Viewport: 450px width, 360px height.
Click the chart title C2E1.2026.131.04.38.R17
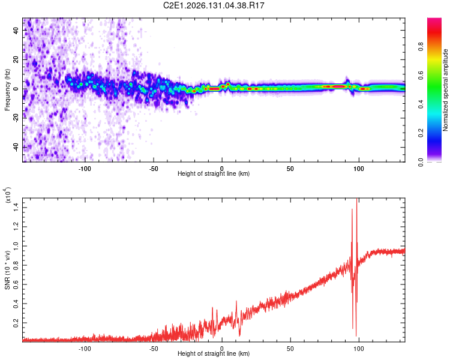214,5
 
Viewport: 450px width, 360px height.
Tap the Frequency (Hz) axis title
7,90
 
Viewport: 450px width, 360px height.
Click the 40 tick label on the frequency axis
16,30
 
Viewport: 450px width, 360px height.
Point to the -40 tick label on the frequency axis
16,148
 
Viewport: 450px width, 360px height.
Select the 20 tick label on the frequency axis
16,59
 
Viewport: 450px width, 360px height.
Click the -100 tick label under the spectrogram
85,169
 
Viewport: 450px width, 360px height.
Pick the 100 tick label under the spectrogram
358,169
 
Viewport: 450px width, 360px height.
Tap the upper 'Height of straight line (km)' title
214,173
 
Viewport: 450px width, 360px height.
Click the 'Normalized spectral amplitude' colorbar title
445,90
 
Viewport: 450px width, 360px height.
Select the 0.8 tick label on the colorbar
421,46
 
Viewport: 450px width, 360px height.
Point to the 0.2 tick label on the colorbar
421,133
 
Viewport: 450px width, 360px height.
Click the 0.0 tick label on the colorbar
421,162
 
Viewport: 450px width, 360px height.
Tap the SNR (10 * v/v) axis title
7,270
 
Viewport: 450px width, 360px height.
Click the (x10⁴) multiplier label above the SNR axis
7,195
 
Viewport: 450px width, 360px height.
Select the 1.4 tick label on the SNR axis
16,208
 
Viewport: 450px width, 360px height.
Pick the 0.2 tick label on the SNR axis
16,323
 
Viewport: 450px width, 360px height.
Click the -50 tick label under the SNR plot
154,349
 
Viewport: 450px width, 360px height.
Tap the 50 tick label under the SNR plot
290,349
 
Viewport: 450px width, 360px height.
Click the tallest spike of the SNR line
357,199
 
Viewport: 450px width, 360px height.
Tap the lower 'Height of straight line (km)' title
214,353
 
